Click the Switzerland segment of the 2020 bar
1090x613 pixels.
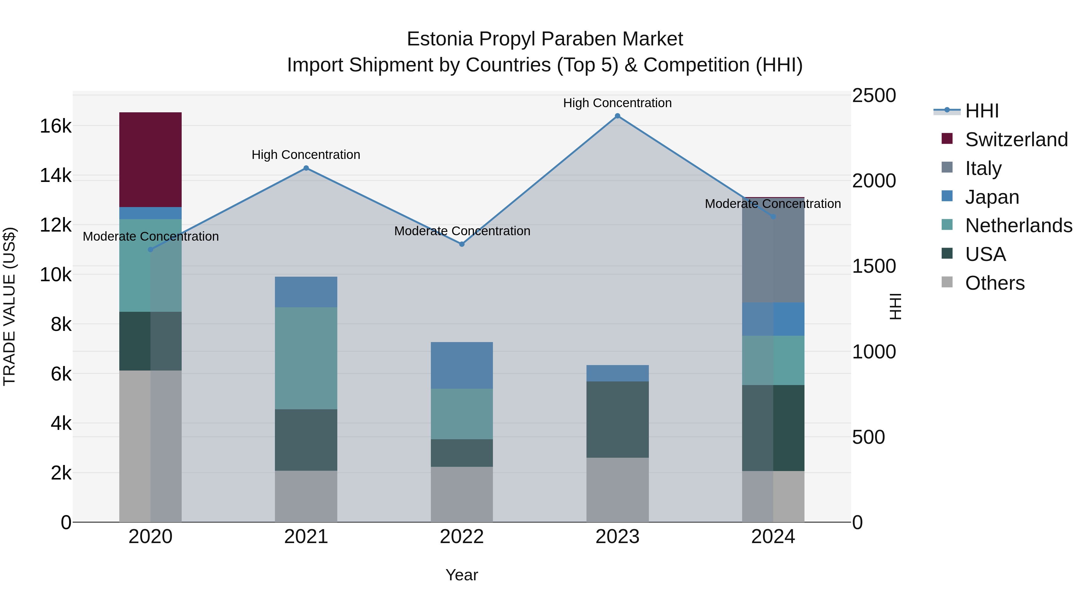coord(150,160)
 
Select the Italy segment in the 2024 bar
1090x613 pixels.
coord(773,254)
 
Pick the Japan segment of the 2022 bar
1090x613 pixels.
coord(462,365)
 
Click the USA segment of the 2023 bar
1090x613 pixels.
coord(617,419)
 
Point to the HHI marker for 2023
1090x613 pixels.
coord(617,116)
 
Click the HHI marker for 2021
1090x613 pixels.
coord(306,168)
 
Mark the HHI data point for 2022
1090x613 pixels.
coord(462,244)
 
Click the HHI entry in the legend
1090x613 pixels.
coord(982,111)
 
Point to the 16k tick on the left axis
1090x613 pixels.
coord(55,126)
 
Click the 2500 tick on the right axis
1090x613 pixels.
coord(874,96)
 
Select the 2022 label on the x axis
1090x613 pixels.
coord(462,537)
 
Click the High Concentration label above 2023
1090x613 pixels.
coord(617,103)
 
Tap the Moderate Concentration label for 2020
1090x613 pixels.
coord(151,236)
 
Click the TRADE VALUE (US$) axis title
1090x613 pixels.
coord(9,306)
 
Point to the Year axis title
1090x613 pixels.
coord(462,575)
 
